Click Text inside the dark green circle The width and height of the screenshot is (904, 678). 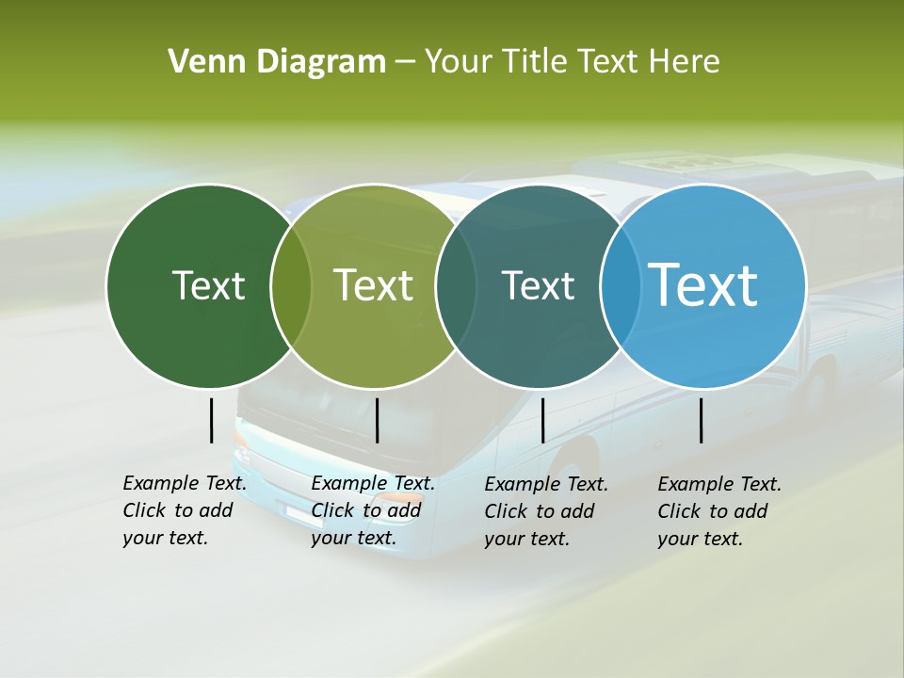click(208, 285)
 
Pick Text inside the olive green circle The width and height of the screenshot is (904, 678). click(374, 285)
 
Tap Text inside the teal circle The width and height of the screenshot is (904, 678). click(538, 285)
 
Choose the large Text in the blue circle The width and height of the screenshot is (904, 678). click(703, 285)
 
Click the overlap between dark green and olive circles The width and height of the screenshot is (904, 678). click(291, 285)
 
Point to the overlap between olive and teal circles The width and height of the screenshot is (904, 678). click(457, 285)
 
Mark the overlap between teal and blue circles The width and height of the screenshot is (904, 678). click(621, 285)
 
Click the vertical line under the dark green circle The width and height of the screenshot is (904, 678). click(212, 420)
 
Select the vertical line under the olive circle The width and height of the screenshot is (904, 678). click(377, 420)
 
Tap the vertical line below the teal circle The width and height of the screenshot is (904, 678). click(543, 420)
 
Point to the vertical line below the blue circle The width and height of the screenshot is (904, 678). click(702, 420)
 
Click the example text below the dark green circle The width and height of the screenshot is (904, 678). click(184, 511)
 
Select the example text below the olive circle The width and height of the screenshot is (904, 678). click(372, 511)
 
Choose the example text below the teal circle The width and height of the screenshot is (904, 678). click(545, 511)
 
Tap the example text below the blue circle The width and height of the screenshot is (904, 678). click(718, 511)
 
